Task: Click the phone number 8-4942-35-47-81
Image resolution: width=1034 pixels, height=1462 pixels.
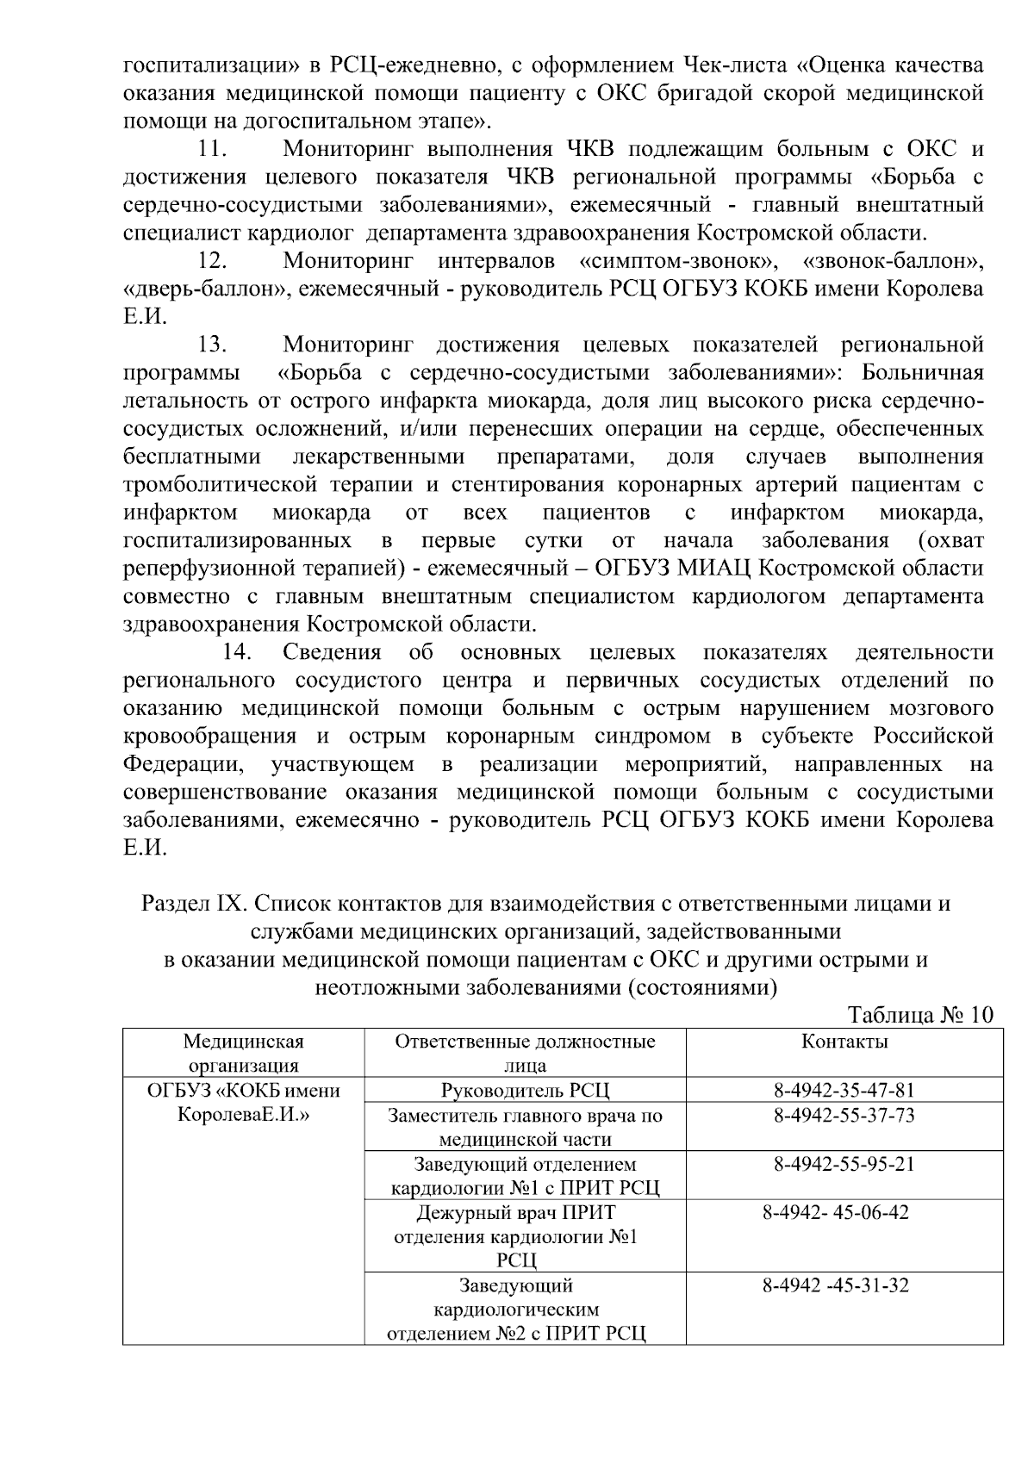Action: pyautogui.click(x=844, y=1091)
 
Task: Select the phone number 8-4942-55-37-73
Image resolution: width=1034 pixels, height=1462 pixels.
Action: pyautogui.click(x=844, y=1116)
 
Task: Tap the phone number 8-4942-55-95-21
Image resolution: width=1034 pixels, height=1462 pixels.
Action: pyautogui.click(x=844, y=1164)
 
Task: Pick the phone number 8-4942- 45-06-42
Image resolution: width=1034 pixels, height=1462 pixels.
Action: pyautogui.click(x=835, y=1212)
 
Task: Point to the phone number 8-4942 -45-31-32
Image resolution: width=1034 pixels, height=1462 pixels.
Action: pyautogui.click(x=835, y=1286)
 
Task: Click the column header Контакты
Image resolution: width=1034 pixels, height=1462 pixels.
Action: pyautogui.click(x=844, y=1042)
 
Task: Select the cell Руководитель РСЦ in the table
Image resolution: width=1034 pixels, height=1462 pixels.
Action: pyautogui.click(x=525, y=1091)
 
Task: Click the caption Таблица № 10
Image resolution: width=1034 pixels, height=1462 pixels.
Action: pyautogui.click(x=920, y=1014)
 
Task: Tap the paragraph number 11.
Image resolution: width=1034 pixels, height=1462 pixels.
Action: pyautogui.click(x=212, y=149)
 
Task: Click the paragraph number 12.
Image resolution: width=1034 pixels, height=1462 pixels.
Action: pyautogui.click(x=212, y=260)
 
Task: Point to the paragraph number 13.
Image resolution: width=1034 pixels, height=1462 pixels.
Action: pyautogui.click(x=212, y=345)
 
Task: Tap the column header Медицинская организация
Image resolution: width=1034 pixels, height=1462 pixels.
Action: pyautogui.click(x=243, y=1053)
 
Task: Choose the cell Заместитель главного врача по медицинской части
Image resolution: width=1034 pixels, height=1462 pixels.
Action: pyautogui.click(x=525, y=1128)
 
